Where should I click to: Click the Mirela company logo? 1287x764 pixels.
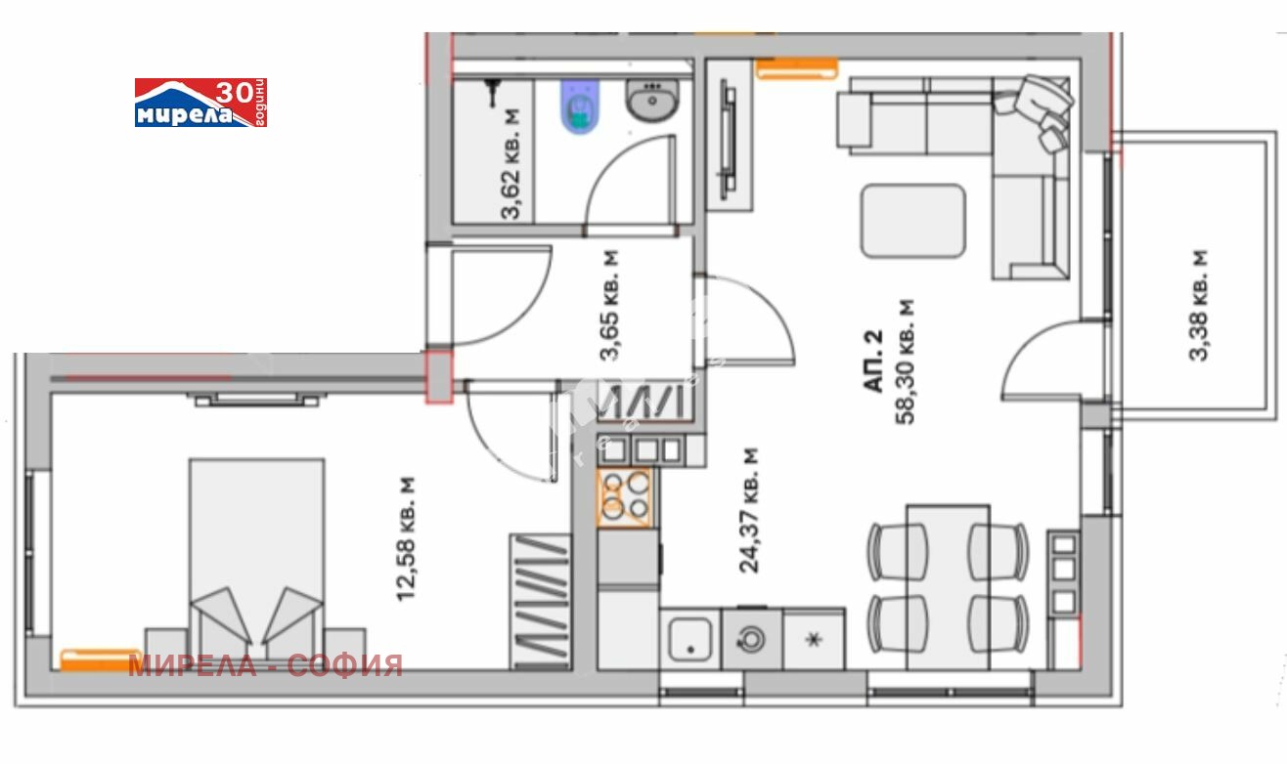pos(200,103)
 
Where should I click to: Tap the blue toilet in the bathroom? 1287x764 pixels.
pos(580,106)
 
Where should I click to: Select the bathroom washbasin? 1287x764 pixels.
pos(652,100)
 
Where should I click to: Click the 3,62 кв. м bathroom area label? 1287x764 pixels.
pos(510,164)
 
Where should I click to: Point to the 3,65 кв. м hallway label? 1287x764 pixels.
pos(609,305)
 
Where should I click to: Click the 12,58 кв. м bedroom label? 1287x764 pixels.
pos(406,539)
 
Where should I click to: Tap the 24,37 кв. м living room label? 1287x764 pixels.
pos(749,510)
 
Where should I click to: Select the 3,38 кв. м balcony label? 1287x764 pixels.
pos(1198,305)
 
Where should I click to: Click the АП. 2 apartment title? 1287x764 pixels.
pos(872,361)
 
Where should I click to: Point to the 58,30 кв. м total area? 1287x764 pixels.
pos(905,361)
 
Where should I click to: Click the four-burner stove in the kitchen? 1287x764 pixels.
pos(625,497)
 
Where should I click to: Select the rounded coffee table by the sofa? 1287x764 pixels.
pos(913,221)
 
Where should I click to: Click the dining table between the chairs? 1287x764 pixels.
pos(948,587)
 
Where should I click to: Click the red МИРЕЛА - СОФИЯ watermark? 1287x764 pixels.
pos(265,666)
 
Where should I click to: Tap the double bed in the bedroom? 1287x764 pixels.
pos(257,563)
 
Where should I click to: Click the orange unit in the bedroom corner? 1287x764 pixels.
pos(101,660)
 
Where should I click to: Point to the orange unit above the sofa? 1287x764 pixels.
pos(797,68)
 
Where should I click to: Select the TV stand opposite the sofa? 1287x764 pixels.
pos(730,136)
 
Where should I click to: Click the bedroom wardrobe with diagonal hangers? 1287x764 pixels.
pos(541,602)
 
